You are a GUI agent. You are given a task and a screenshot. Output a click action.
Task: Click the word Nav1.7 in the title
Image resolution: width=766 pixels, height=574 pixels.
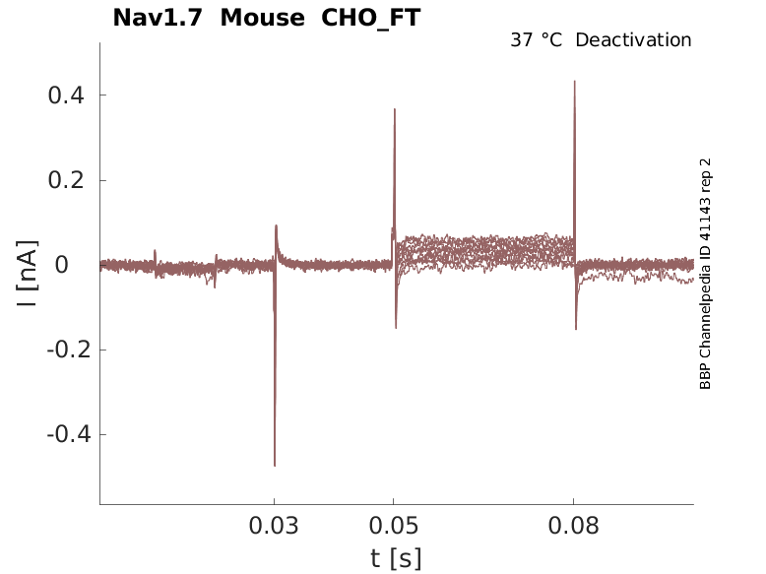158,18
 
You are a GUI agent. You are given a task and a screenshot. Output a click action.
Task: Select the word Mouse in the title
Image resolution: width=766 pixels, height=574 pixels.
262,18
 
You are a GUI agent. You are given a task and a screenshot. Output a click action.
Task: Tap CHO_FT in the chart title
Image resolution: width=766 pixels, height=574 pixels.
371,19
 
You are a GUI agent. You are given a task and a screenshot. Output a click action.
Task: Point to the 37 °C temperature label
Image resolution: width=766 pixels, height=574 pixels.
536,40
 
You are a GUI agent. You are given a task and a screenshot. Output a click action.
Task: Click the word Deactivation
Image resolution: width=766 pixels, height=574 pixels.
634,40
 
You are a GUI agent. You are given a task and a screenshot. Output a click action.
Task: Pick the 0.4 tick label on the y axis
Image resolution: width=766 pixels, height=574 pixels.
66,95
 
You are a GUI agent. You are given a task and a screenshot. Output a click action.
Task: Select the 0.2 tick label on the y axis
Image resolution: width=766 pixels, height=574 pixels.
66,180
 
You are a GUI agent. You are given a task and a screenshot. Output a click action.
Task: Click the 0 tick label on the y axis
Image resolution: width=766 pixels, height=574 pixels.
62,265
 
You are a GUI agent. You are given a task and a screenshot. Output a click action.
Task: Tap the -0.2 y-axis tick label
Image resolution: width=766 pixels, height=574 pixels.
69,350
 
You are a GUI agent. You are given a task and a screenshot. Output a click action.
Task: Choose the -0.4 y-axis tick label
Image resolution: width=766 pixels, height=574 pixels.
69,434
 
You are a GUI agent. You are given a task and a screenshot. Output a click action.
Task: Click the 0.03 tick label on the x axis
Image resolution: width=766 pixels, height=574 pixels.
274,526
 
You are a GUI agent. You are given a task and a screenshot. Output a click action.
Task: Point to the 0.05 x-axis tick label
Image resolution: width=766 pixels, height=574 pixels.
393,526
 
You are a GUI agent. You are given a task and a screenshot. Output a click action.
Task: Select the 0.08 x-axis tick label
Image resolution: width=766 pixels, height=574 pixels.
573,526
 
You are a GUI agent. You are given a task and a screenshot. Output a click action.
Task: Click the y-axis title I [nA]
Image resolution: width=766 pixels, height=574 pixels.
27,274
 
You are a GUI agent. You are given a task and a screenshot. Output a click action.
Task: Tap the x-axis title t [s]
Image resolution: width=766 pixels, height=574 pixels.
396,559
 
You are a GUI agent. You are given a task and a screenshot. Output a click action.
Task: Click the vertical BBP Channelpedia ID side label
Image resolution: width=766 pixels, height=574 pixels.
705,274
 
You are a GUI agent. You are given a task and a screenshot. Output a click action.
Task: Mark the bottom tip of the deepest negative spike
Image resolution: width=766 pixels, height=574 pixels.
275,466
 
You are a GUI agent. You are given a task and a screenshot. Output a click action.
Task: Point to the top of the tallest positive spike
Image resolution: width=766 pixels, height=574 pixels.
575,81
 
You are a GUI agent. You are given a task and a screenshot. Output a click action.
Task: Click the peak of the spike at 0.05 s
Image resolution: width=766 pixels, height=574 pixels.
394,109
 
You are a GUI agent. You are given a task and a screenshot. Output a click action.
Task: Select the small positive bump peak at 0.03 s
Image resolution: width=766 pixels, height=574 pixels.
276,225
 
